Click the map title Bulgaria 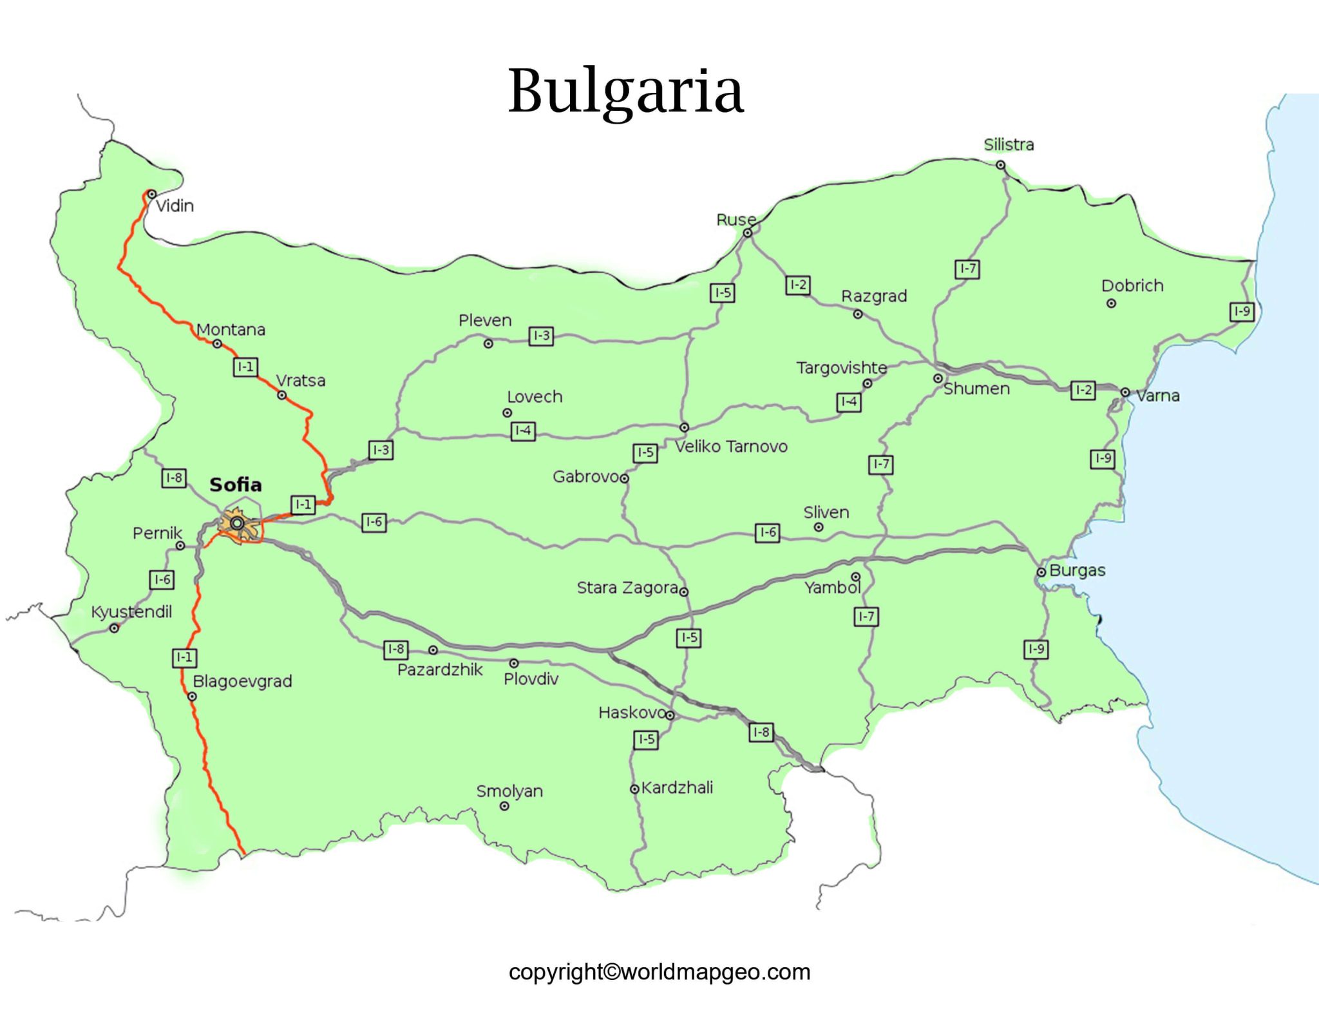(625, 91)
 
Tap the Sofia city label (236, 485)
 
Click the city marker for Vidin (151, 194)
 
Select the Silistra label (1009, 144)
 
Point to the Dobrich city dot (1111, 303)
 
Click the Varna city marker (1124, 392)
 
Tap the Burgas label (1077, 570)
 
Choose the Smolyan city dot (504, 806)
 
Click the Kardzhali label (677, 787)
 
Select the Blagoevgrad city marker (192, 697)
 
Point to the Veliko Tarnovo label (731, 447)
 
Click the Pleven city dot (488, 344)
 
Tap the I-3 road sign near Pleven (541, 336)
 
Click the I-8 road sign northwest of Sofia (174, 477)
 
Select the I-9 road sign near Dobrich (1242, 312)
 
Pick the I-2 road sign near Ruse (797, 285)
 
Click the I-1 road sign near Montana (245, 367)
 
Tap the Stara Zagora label (627, 588)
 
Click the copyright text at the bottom (659, 972)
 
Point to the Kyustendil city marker (114, 628)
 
